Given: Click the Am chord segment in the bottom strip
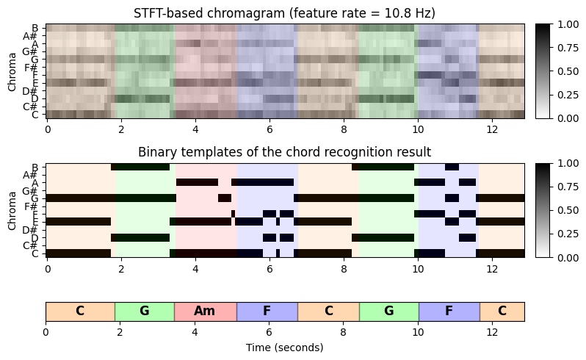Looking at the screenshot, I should pyautogui.click(x=205, y=311).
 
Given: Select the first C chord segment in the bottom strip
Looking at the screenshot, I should pyautogui.click(x=80, y=311).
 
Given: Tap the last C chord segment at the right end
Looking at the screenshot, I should pyautogui.click(x=502, y=311).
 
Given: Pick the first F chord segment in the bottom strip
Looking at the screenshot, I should pyautogui.click(x=267, y=311).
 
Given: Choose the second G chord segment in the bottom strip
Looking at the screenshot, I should pyautogui.click(x=388, y=311).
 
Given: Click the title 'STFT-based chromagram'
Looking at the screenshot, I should pyautogui.click(x=285, y=13).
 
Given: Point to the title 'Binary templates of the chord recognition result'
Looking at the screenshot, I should pyautogui.click(x=285, y=153).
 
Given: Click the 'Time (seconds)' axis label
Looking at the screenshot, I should pyautogui.click(x=285, y=347).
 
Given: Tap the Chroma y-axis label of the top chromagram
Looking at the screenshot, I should pyautogui.click(x=12, y=71).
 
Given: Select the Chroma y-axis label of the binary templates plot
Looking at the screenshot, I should pyautogui.click(x=12, y=211).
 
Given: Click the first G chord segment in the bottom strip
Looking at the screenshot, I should pyautogui.click(x=144, y=311).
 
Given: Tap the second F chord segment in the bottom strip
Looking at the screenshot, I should pyautogui.click(x=449, y=311).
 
